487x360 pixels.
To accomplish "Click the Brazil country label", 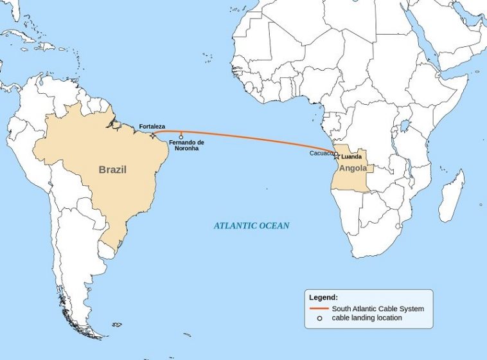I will tap(112, 170).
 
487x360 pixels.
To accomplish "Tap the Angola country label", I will tap(353, 168).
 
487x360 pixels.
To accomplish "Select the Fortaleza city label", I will tap(152, 126).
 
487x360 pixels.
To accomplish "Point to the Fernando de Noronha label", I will tap(186, 145).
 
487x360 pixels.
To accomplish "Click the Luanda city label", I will tap(351, 157).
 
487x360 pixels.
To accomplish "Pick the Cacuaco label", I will tap(321, 153).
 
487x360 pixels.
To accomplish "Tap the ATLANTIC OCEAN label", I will tap(251, 226).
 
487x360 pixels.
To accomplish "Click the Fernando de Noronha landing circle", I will tap(181, 137).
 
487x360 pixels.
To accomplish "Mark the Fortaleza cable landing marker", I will tap(152, 134).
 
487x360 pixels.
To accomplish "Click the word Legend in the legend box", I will tap(323, 298).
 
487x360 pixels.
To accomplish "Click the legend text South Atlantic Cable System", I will tap(378, 309).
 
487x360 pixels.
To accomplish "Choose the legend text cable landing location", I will tap(367, 318).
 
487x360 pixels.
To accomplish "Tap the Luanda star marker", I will tap(336, 156).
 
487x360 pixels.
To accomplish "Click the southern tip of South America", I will tap(96, 334).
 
